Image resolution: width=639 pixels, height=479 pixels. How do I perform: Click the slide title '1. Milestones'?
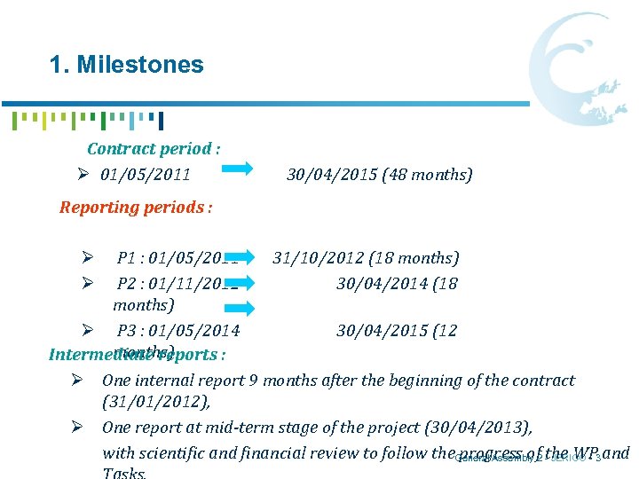[x=127, y=65]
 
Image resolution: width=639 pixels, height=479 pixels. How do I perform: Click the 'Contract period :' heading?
[x=154, y=149]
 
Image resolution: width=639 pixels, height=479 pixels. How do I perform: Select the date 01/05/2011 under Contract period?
[x=146, y=174]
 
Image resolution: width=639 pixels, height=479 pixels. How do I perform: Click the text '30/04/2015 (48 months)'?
[x=380, y=174]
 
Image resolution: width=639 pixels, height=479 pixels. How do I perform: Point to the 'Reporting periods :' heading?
[x=136, y=208]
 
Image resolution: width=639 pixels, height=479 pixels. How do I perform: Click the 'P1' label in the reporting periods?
[x=128, y=258]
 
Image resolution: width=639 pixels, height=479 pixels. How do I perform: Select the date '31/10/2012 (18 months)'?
[x=366, y=258]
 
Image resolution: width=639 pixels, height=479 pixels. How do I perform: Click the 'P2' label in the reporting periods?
[x=128, y=283]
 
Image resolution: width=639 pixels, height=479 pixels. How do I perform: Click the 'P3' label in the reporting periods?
[x=128, y=331]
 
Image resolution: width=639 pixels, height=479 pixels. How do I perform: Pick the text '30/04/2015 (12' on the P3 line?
[x=397, y=331]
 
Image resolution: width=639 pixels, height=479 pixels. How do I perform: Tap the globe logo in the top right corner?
[x=582, y=70]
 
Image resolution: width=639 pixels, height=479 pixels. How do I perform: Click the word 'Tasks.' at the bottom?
[x=124, y=473]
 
